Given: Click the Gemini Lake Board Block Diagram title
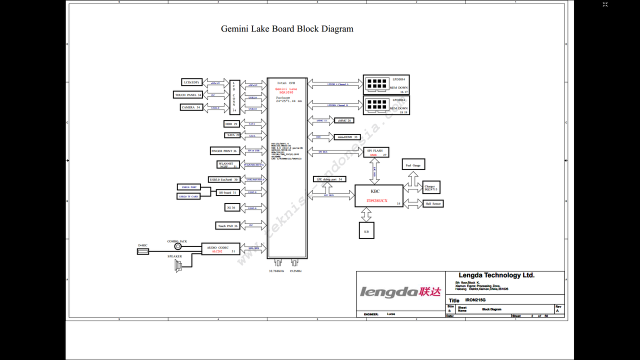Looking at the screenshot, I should [287, 29].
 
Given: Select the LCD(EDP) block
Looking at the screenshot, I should [191, 82].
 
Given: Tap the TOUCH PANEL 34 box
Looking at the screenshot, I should [188, 95].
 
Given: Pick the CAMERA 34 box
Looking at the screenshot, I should [191, 107].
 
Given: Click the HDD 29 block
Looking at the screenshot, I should [232, 123].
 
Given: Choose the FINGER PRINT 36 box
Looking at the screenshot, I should [224, 150].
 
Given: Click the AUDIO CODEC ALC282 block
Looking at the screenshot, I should [220, 249].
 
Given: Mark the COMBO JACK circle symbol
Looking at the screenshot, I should [177, 246].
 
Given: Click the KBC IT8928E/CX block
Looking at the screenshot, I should [379, 195].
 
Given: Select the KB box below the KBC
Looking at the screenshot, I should [366, 230].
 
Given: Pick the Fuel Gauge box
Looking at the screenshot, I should [413, 165].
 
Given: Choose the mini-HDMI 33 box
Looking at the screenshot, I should [347, 136].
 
